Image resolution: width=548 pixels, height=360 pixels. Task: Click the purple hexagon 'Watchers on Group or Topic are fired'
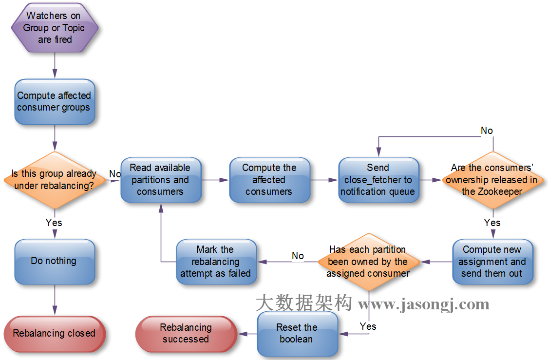click(54, 28)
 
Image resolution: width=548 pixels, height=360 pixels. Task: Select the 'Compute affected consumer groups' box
click(54, 101)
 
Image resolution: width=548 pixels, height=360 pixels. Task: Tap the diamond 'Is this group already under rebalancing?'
click(54, 180)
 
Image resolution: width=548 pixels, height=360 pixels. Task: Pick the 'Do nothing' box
click(54, 261)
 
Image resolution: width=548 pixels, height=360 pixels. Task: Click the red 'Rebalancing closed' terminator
click(54, 334)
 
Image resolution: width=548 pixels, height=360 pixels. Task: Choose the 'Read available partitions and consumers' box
click(160, 180)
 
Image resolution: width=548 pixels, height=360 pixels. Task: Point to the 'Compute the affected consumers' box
click(269, 180)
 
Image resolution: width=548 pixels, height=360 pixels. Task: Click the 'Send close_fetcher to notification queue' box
click(378, 180)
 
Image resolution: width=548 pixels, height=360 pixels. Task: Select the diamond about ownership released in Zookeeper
click(492, 180)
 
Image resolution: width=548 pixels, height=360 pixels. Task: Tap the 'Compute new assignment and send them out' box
click(492, 262)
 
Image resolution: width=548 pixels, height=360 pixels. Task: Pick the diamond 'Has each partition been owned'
click(368, 262)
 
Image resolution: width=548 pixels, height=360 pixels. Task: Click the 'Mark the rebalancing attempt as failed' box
click(216, 262)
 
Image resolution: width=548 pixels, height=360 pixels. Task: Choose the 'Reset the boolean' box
click(297, 334)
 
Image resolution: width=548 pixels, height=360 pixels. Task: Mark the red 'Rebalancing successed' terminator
click(186, 334)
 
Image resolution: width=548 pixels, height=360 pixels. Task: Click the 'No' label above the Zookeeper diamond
click(487, 131)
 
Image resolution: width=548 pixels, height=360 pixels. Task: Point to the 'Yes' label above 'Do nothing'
click(54, 223)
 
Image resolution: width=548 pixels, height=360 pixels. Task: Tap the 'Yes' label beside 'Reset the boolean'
click(368, 326)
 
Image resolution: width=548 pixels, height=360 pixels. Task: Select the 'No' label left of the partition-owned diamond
click(298, 256)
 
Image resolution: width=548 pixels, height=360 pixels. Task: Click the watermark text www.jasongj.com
click(424, 305)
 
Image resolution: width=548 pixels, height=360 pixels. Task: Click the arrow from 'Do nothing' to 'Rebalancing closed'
click(54, 300)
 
